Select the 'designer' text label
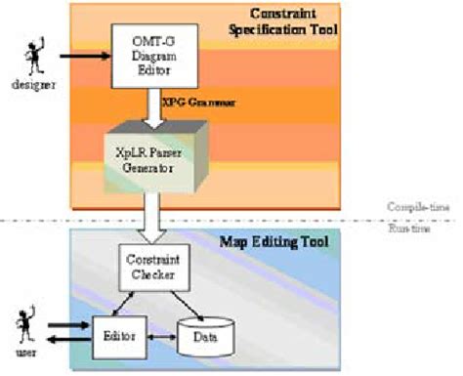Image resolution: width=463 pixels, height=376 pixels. point(24,85)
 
